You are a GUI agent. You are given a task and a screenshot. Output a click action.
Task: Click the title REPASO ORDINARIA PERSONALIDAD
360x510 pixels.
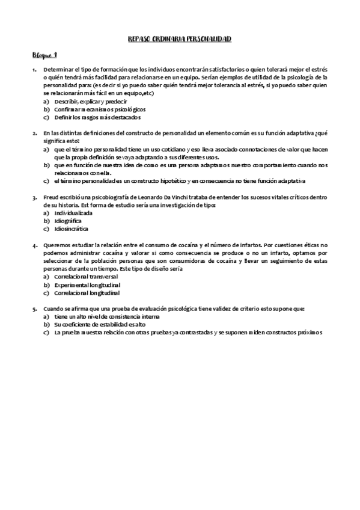point(180,39)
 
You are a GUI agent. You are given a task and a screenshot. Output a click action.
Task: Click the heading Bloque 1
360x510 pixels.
point(44,55)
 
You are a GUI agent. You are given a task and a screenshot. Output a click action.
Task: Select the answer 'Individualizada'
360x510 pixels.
point(73,213)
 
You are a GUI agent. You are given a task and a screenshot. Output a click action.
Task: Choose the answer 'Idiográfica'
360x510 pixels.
point(68,221)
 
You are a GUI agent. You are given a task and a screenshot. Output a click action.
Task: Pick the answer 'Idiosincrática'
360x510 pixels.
point(71,229)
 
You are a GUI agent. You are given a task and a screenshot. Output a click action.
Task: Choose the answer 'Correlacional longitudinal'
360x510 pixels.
point(87,292)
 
